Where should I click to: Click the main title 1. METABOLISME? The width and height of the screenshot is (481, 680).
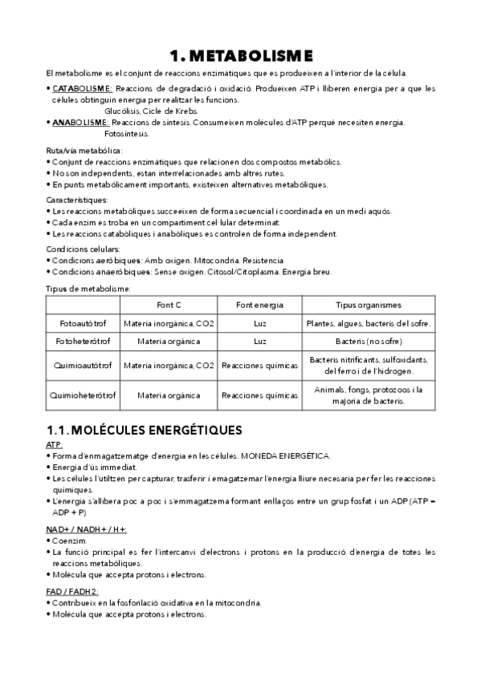pyautogui.click(x=240, y=55)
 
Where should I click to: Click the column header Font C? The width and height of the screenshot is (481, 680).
pyautogui.click(x=169, y=305)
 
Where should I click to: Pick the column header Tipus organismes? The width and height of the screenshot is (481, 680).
pyautogui.click(x=369, y=305)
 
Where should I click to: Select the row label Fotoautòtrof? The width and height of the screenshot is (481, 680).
pyautogui.click(x=83, y=324)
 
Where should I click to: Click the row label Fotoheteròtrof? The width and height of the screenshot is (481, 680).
pyautogui.click(x=83, y=342)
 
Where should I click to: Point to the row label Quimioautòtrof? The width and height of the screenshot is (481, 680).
pyautogui.click(x=83, y=365)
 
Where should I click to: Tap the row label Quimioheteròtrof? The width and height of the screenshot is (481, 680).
pyautogui.click(x=83, y=395)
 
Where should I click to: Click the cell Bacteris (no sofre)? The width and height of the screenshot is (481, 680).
pyautogui.click(x=369, y=342)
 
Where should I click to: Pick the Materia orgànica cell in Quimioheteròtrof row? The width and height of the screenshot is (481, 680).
pyautogui.click(x=169, y=395)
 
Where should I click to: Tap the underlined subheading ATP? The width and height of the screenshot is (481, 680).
pyautogui.click(x=55, y=444)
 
